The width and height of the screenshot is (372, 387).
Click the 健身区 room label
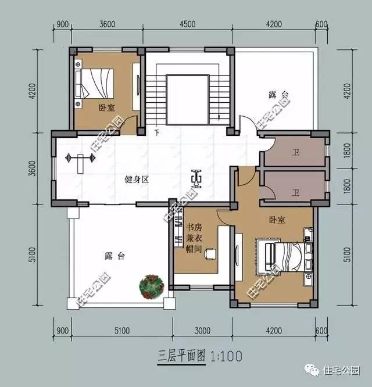[x=137, y=180]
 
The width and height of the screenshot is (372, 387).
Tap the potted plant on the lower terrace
[x=149, y=286]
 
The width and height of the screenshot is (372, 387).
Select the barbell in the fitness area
[x=80, y=157]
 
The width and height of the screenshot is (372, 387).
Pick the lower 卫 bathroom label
[x=295, y=192]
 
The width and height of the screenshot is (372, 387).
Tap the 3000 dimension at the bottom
[x=202, y=331]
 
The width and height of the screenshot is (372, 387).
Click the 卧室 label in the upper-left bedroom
[x=106, y=107]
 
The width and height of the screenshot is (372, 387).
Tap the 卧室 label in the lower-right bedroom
[x=277, y=220]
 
